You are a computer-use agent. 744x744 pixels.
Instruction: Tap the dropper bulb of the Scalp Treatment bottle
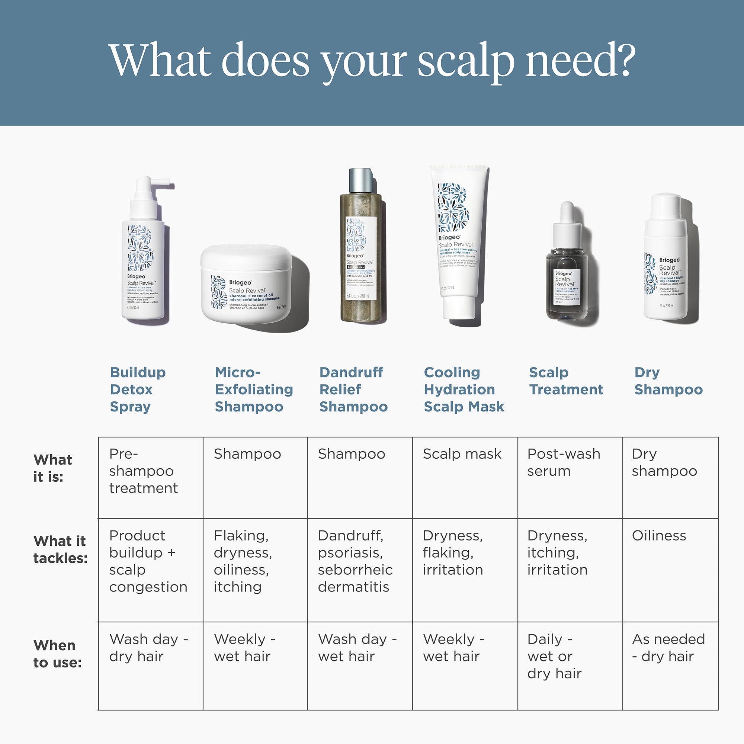(x=567, y=212)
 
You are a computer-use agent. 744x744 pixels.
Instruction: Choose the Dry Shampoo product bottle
(x=666, y=258)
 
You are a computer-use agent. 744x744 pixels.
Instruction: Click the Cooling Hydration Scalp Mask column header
(x=464, y=389)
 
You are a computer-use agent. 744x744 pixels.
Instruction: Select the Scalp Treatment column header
(x=566, y=381)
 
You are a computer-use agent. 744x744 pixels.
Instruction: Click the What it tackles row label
(x=60, y=549)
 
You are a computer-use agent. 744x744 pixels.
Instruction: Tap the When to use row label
(x=57, y=654)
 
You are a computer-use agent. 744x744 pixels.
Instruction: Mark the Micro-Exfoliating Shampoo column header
(x=254, y=389)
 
